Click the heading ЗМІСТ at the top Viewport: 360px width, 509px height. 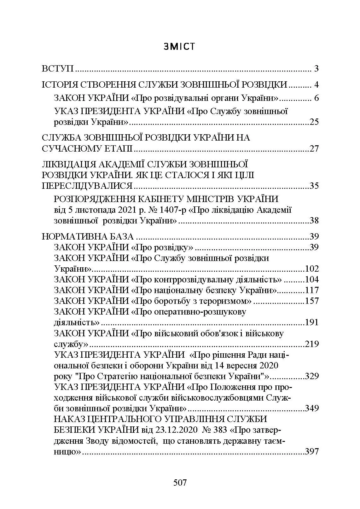pyautogui.click(x=180, y=47)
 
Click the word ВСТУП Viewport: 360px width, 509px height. pyautogui.click(x=58, y=69)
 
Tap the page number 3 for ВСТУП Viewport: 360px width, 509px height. pyautogui.click(x=316, y=69)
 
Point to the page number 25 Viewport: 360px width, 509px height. pyautogui.click(x=314, y=122)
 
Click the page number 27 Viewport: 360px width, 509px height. pyautogui.click(x=314, y=149)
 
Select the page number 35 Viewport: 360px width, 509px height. pyautogui.click(x=314, y=186)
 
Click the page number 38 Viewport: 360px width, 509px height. pyautogui.click(x=314, y=221)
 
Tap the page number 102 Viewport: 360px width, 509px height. pyautogui.click(x=312, y=269)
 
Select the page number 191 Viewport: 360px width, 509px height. pyautogui.click(x=312, y=322)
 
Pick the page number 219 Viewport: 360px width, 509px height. pyautogui.click(x=312, y=344)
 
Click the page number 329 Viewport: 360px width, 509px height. pyautogui.click(x=312, y=376)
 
